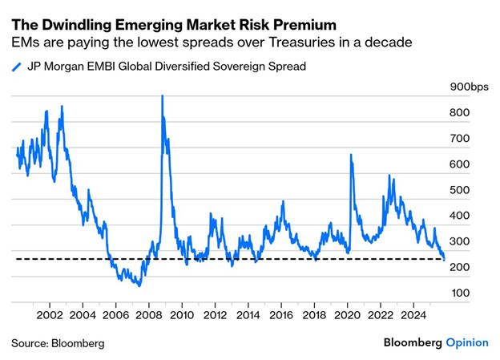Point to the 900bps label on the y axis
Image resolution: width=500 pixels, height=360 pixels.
[x=469, y=87]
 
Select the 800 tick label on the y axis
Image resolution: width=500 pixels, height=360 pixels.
[x=458, y=113]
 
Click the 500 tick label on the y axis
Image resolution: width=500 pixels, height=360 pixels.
[x=458, y=190]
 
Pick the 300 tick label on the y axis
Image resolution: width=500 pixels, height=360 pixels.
[x=458, y=241]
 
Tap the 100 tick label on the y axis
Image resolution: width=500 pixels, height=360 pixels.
[x=458, y=293]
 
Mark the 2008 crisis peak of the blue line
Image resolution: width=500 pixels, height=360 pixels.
[x=163, y=96]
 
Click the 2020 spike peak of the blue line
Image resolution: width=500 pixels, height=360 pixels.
[x=351, y=155]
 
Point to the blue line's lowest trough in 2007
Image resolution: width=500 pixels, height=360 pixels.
[x=139, y=285]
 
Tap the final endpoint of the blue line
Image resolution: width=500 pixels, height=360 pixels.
[x=445, y=259]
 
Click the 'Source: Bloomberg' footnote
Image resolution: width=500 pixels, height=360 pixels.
[x=58, y=342]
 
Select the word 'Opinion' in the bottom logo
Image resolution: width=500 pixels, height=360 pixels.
[x=467, y=342]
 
